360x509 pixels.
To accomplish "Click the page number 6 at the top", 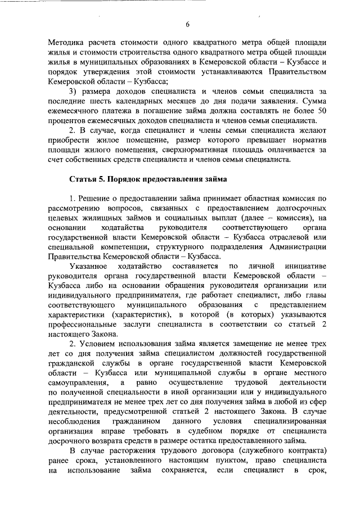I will pos(187,24).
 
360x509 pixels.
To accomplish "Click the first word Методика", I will pos(66,43).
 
